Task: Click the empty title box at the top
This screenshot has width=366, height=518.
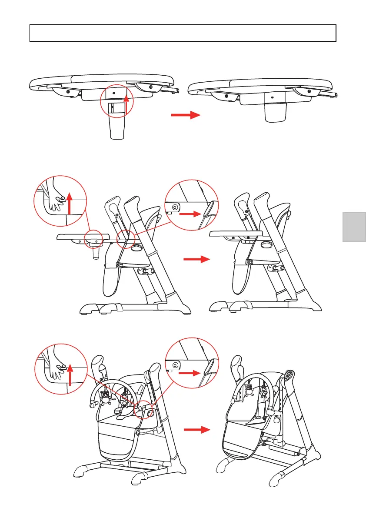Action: pyautogui.click(x=183, y=33)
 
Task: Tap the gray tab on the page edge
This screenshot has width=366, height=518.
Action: pyautogui.click(x=354, y=226)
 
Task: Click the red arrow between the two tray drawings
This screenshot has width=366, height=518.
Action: pyautogui.click(x=185, y=115)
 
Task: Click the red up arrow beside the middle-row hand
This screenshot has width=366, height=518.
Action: pyautogui.click(x=70, y=203)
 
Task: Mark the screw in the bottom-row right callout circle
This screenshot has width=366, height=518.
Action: pyautogui.click(x=175, y=365)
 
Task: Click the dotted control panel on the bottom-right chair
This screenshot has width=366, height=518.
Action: pyautogui.click(x=289, y=376)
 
